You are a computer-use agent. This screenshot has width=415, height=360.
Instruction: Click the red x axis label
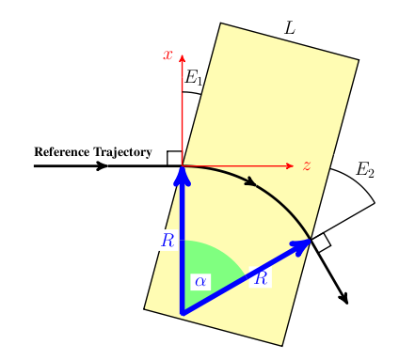point(168,55)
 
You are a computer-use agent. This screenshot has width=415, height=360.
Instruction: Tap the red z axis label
point(307,165)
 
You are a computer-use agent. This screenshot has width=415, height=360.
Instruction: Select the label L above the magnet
point(290,29)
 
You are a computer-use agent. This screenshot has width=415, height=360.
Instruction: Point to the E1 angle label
point(193,77)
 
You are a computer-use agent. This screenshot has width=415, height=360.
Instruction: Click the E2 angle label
point(365,170)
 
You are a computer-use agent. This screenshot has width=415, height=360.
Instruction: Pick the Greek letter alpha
point(200,281)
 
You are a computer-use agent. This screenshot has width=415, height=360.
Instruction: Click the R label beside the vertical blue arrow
point(168,241)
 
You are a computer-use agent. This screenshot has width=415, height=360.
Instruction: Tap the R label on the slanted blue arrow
point(261,278)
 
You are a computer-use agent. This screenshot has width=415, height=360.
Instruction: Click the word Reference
point(62,152)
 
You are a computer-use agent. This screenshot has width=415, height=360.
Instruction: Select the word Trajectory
point(122,152)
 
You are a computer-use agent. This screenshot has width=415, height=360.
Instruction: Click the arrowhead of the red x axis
point(182,58)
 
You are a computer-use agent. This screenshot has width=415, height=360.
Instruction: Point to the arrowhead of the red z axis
point(290,165)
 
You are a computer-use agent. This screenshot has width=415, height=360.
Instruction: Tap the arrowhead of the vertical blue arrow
point(182,176)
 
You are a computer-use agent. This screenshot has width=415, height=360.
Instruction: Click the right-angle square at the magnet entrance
point(174,158)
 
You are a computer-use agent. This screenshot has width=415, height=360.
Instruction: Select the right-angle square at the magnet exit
point(322,243)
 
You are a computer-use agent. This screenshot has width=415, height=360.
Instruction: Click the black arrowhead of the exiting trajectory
point(344,298)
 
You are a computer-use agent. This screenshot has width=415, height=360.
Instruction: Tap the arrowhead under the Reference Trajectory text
point(102,165)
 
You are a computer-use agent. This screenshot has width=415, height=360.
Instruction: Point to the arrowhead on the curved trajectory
point(250,181)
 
